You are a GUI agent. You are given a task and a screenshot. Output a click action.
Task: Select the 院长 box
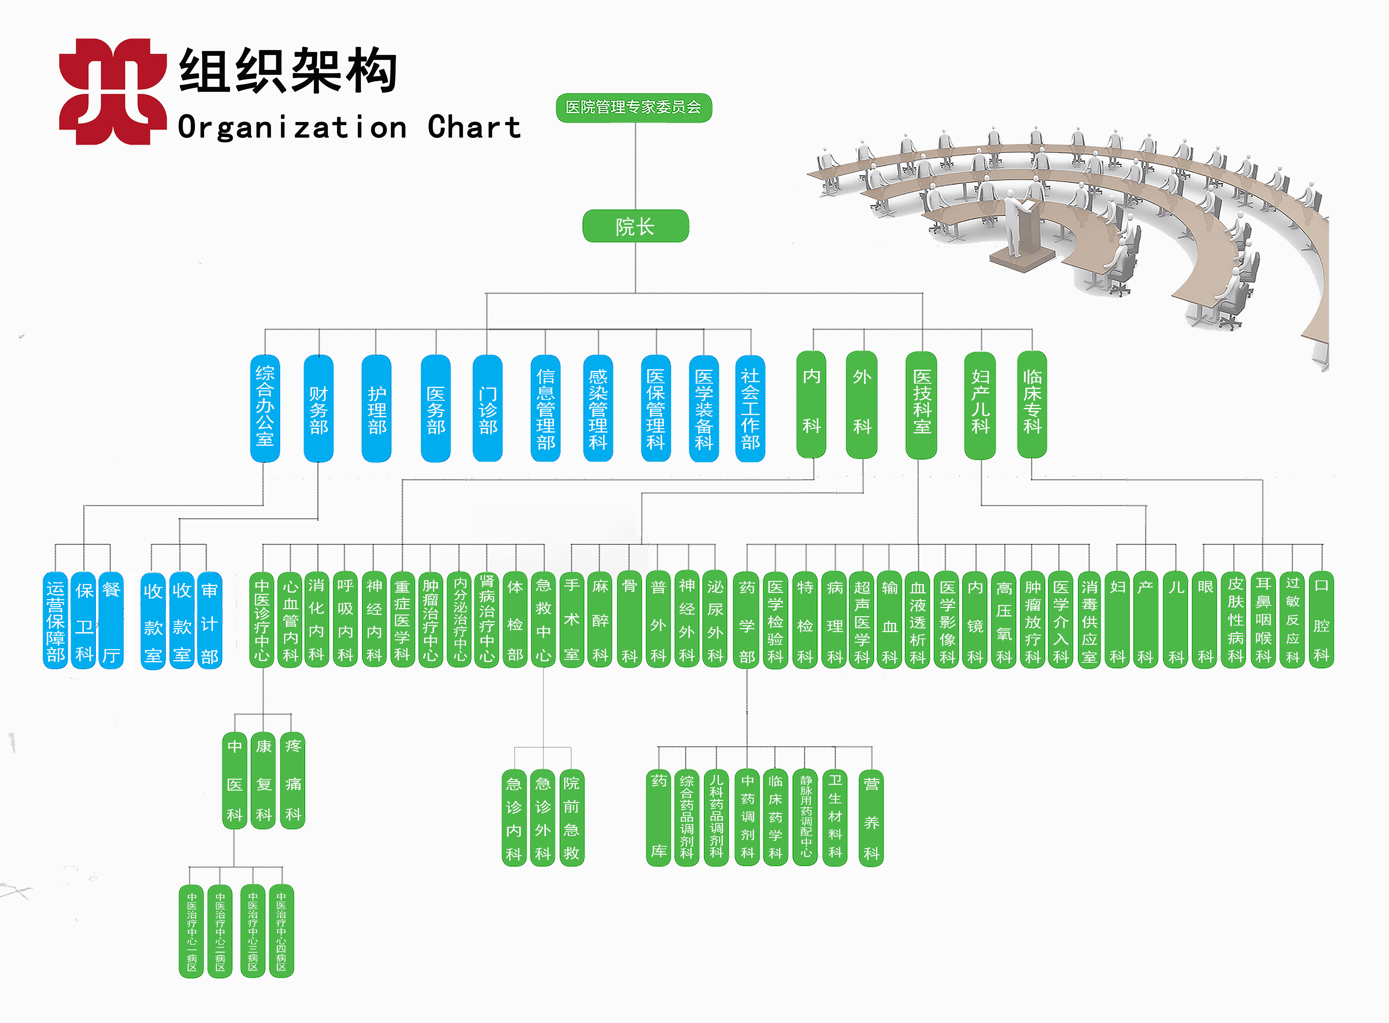[x=635, y=226]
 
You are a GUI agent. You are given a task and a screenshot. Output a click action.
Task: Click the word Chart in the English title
[x=474, y=128]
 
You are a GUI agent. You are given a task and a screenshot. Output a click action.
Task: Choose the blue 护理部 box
[x=376, y=409]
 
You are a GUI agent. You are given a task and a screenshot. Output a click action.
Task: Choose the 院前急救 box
[x=571, y=817]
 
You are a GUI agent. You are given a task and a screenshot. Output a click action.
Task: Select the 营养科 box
[x=871, y=817]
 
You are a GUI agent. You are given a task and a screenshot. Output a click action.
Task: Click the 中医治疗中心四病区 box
[x=281, y=931]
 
